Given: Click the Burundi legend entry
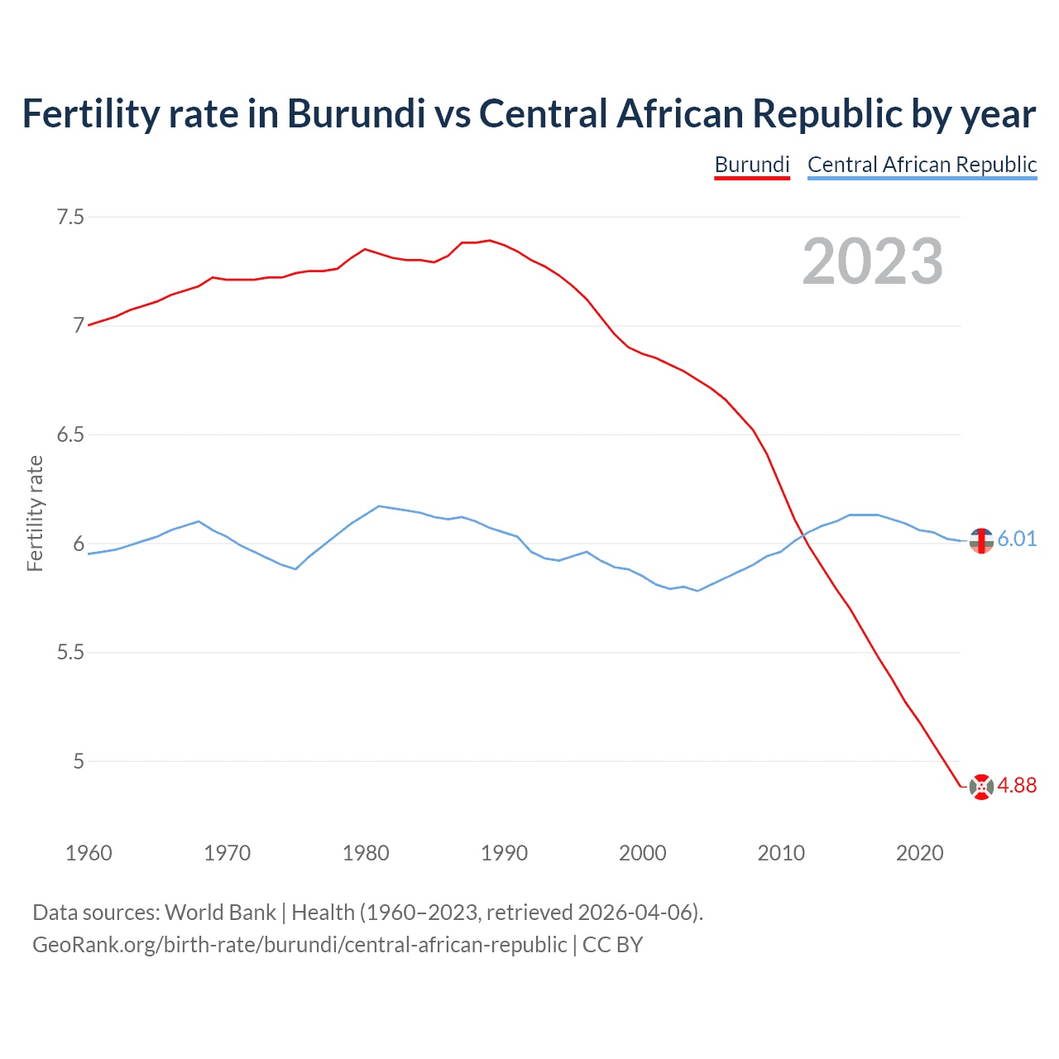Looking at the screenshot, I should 751,165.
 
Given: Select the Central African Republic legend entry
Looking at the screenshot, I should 922,165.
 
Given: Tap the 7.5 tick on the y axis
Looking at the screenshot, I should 69,218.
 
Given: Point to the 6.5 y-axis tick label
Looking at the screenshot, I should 69,435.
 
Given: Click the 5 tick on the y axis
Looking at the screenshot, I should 79,761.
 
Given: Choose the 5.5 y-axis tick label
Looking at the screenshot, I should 69,653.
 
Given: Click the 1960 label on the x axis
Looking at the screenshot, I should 89,853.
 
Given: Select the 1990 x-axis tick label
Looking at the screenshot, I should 504,853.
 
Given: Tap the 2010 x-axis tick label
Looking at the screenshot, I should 781,853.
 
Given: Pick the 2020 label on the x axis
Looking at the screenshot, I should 919,853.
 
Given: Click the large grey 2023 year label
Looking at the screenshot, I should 872,261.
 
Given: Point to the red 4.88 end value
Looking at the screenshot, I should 1017,786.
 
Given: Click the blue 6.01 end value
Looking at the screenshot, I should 1017,539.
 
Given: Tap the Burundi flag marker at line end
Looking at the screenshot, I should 981,787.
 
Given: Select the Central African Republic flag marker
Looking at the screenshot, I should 981,540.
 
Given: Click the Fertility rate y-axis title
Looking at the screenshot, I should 35,513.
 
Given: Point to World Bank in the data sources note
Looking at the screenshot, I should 220,913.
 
